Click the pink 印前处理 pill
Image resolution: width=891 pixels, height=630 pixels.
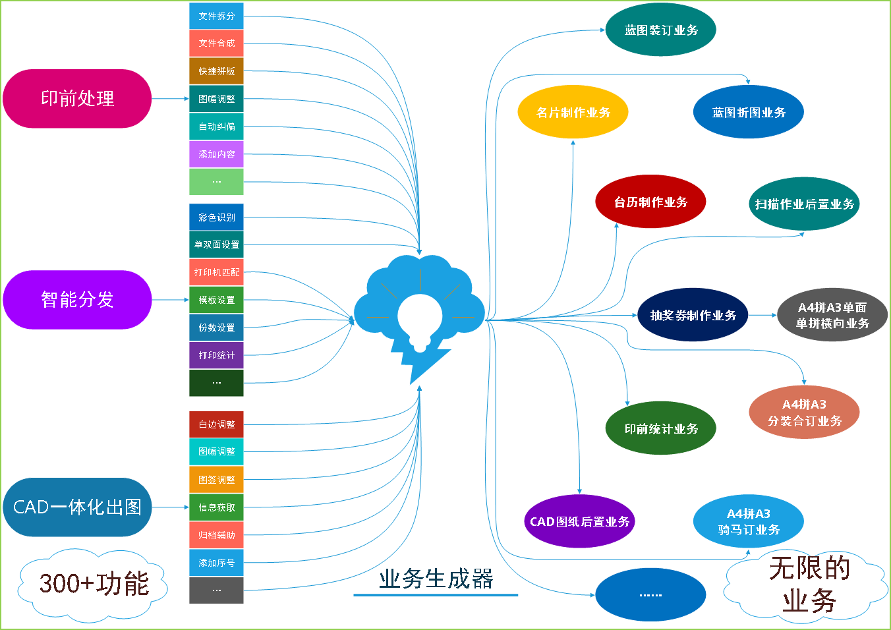click(77, 99)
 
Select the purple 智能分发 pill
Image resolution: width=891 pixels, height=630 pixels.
click(77, 300)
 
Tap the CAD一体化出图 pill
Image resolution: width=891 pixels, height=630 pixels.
click(77, 507)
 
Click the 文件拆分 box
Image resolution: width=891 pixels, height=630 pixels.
click(216, 16)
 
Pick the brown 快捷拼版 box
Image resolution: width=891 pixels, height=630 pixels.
click(216, 71)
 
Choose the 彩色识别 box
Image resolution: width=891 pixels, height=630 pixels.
click(216, 217)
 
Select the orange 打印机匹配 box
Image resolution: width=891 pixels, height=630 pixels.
click(216, 272)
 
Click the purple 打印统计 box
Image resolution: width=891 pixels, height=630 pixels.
click(216, 355)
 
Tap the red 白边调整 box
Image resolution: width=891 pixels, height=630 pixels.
click(216, 424)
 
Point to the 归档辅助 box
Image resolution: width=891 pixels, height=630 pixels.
click(216, 535)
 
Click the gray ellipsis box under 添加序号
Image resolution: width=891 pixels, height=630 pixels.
click(216, 590)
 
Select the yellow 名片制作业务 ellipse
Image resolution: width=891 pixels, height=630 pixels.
click(573, 112)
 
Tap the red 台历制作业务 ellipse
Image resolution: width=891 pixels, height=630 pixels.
click(650, 202)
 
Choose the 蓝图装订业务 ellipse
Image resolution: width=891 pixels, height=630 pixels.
click(660, 30)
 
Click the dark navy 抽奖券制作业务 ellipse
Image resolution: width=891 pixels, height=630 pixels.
click(693, 315)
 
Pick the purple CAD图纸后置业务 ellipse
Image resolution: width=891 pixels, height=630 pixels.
click(579, 521)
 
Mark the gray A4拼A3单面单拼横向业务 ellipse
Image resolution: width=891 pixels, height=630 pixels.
click(832, 315)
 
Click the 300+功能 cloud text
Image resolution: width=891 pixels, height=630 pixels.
click(94, 584)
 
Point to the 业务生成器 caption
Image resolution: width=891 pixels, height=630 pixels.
click(436, 579)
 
